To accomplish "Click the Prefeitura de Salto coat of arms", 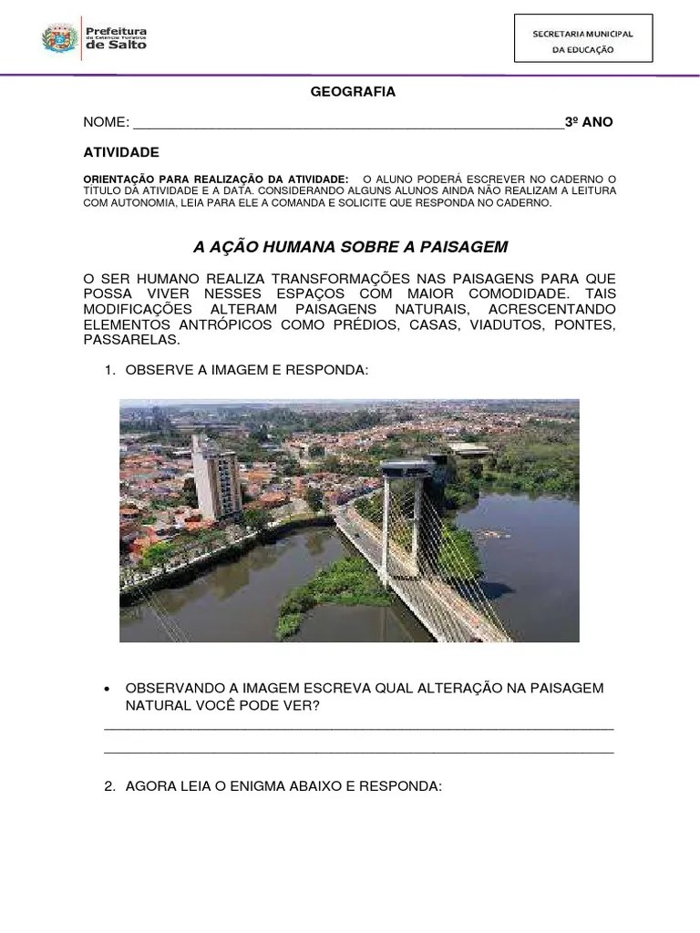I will coord(59,38).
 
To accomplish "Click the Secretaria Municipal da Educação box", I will coord(583,38).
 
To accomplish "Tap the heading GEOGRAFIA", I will coord(353,92).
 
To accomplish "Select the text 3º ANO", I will coord(589,122).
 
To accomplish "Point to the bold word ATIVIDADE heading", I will coord(121,152).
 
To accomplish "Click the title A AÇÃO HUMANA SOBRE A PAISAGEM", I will coord(351,247).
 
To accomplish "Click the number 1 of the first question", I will coord(108,371).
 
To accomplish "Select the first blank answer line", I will coord(359,728).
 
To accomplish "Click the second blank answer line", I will coord(359,753).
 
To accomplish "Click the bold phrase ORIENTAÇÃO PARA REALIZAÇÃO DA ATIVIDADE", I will coord(215,179).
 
